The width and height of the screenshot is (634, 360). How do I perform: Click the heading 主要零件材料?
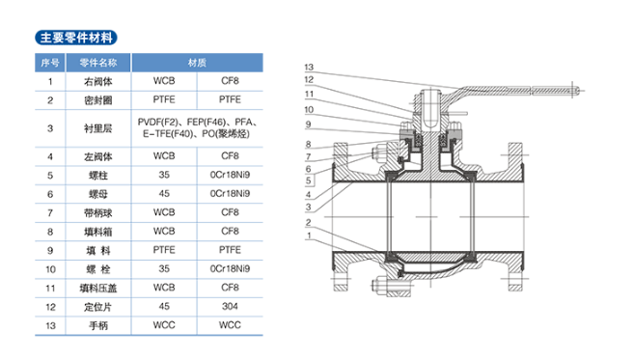coord(76,38)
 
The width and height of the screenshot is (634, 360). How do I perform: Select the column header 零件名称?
coord(97,63)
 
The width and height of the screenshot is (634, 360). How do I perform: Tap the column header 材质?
coord(197,63)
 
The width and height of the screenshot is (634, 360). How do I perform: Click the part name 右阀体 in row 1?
coord(97,81)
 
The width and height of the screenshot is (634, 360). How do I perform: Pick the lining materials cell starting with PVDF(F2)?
coord(197,127)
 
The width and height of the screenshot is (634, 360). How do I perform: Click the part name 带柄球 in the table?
coord(97,212)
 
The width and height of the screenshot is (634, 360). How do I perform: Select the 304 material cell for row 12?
coord(230,306)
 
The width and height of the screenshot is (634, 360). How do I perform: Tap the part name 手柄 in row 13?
coord(97,325)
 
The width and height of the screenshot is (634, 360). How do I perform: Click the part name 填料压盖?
coord(97,288)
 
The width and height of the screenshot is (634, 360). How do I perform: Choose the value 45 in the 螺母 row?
coord(164,194)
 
